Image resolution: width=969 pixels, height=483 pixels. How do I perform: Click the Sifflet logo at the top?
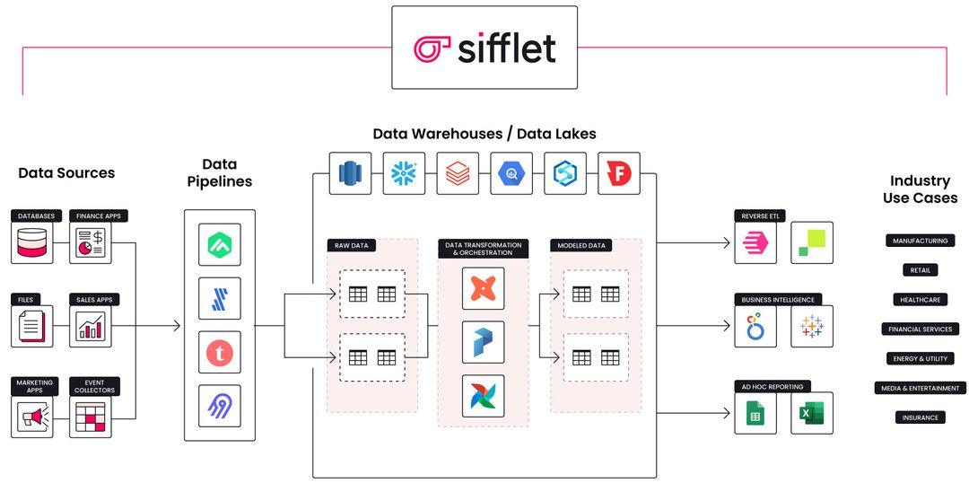pyautogui.click(x=484, y=48)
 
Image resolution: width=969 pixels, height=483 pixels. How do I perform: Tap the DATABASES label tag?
pyautogui.click(x=35, y=216)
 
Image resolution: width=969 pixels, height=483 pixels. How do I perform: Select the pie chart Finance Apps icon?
pyautogui.click(x=91, y=242)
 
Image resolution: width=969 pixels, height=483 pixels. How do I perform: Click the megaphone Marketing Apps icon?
pyautogui.click(x=32, y=417)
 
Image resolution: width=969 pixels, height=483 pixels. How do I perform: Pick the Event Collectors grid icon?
pyautogui.click(x=91, y=417)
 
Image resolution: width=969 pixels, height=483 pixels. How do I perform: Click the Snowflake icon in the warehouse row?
pyautogui.click(x=405, y=173)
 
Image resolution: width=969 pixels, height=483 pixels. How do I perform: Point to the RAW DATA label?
pyautogui.click(x=348, y=244)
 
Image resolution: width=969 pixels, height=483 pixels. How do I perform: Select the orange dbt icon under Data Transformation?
pyautogui.click(x=483, y=288)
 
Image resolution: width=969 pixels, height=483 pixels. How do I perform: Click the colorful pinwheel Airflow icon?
pyautogui.click(x=483, y=396)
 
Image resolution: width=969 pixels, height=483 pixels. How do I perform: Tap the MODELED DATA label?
pyautogui.click(x=582, y=244)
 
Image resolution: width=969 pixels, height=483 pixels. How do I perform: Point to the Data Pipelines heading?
pyautogui.click(x=220, y=172)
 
